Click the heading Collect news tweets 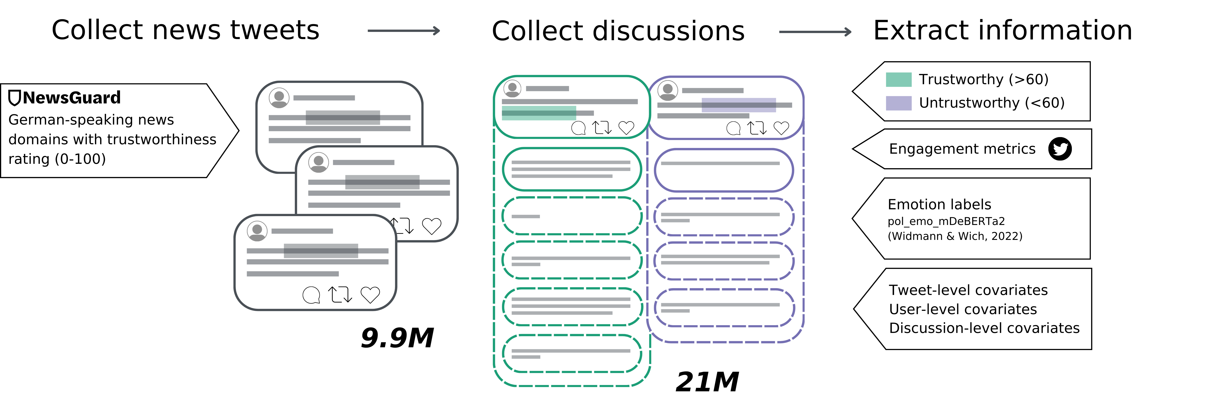coord(185,30)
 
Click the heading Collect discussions coord(618,31)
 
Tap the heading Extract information coord(1002,30)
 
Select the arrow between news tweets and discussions coord(404,31)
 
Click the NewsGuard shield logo coord(15,97)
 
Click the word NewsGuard coord(72,97)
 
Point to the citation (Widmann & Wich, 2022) coord(955,236)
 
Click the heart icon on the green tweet coord(626,127)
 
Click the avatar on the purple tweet coord(667,90)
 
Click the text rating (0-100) coord(57,159)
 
